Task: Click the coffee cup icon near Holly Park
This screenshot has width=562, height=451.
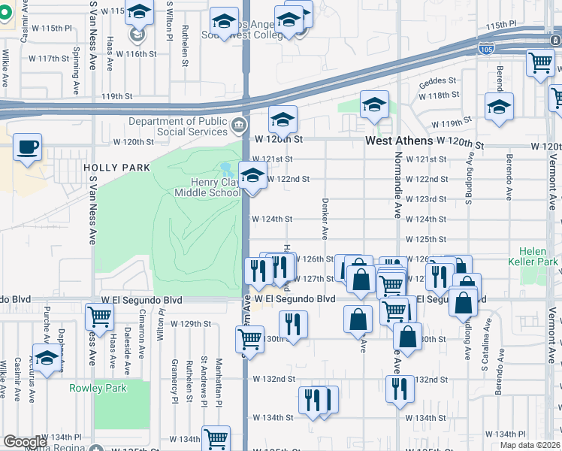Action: (x=28, y=147)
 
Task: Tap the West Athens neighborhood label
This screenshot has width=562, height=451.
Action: (x=399, y=141)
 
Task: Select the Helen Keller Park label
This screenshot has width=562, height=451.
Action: (x=538, y=256)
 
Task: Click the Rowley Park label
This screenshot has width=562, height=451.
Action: (x=98, y=388)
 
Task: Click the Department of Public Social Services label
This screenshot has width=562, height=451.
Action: (x=179, y=126)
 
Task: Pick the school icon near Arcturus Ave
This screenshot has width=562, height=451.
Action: (x=47, y=359)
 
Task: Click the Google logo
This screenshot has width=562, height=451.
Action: (x=25, y=442)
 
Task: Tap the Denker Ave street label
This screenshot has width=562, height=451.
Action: (x=325, y=219)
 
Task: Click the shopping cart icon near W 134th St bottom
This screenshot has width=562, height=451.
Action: (x=216, y=438)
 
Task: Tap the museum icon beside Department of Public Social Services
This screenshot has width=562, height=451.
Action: (x=239, y=124)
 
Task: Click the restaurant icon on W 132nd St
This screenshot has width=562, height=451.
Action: (x=399, y=388)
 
